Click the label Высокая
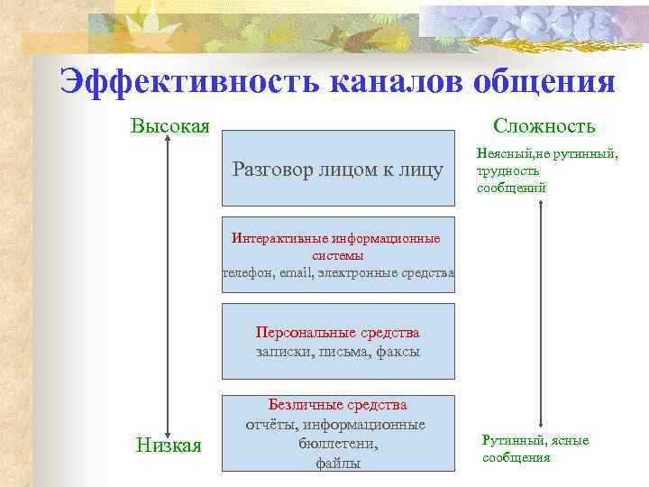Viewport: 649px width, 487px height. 170,125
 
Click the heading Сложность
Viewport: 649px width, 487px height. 544,125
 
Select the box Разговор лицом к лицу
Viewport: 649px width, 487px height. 338,168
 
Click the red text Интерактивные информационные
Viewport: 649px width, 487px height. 336,239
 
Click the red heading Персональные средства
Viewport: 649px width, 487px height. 337,333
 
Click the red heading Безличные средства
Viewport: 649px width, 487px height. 338,405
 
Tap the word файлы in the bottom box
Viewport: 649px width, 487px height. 338,463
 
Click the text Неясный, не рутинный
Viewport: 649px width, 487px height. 547,154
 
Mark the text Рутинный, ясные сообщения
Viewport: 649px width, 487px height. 535,448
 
